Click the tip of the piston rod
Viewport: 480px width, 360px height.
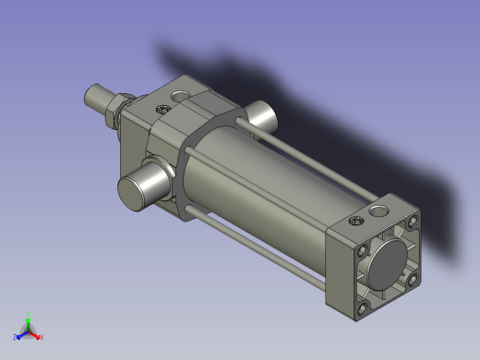pyautogui.click(x=90, y=95)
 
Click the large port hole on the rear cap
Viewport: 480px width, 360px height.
pyautogui.click(x=379, y=212)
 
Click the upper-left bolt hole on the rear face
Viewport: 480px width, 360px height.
pyautogui.click(x=365, y=249)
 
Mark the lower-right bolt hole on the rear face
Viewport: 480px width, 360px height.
pyautogui.click(x=414, y=278)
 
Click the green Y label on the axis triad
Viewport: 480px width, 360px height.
pyautogui.click(x=29, y=314)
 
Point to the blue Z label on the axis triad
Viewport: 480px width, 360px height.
pyautogui.click(x=14, y=337)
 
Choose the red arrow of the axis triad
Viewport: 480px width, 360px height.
pyautogui.click(x=35, y=335)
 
